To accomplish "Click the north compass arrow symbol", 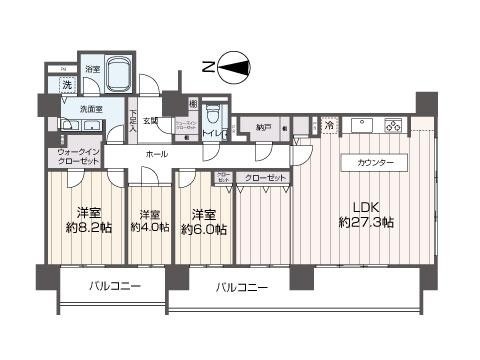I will click(x=237, y=68).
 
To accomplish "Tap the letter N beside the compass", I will click(x=207, y=68).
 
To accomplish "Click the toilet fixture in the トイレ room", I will click(x=212, y=113).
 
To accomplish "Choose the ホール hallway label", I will click(x=155, y=155).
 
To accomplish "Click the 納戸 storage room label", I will click(x=262, y=127).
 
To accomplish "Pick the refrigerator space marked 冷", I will click(x=329, y=126).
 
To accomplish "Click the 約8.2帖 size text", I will click(x=90, y=228).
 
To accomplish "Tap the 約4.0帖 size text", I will click(x=150, y=229).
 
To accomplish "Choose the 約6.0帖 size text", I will click(x=203, y=229).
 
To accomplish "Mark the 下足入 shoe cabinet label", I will click(x=133, y=119).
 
